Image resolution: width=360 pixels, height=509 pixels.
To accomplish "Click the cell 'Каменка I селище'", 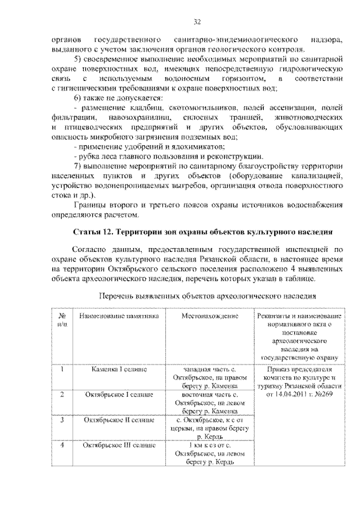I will (119, 370).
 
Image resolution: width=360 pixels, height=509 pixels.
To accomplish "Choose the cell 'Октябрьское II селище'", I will (119, 420).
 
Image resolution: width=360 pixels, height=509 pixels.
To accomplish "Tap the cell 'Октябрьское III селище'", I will (119, 445).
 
